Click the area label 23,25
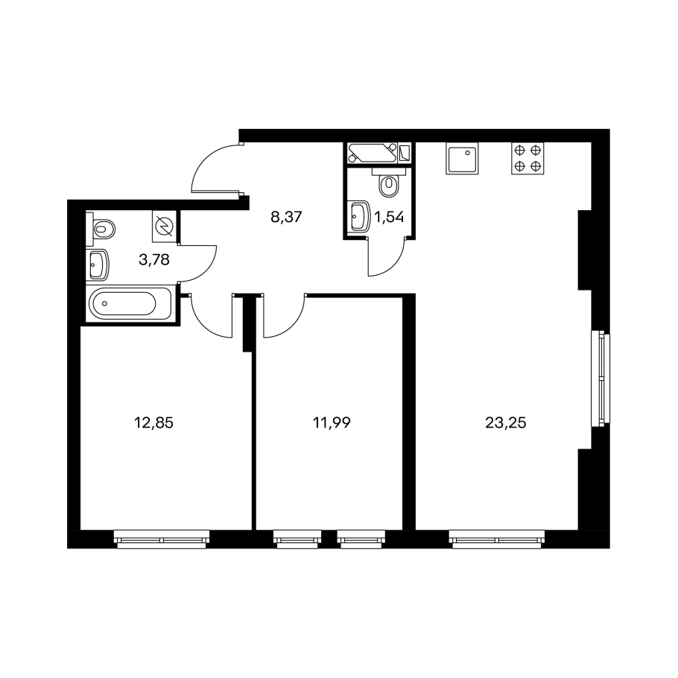[505, 423]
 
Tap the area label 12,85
[153, 423]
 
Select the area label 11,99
[332, 423]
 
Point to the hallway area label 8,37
[286, 217]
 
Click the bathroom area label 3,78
[154, 260]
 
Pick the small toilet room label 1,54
[389, 217]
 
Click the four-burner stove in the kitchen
[527, 158]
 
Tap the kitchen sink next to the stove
[462, 158]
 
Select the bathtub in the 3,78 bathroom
[130, 303]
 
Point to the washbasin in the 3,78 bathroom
[98, 264]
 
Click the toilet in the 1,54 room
[388, 183]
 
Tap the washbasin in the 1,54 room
[360, 215]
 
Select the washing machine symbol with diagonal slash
[164, 226]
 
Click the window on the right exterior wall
[601, 377]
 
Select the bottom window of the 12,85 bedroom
[162, 539]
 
